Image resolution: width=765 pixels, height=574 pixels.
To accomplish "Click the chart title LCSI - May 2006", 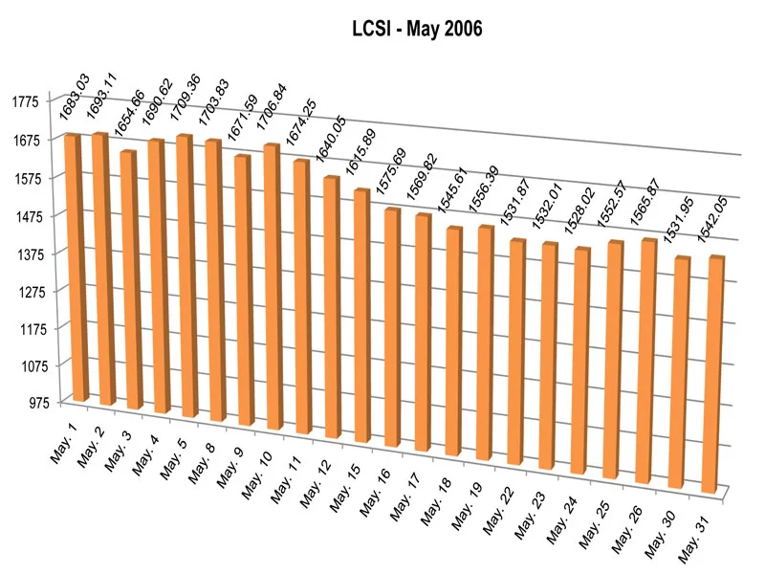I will pyautogui.click(x=415, y=30).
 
